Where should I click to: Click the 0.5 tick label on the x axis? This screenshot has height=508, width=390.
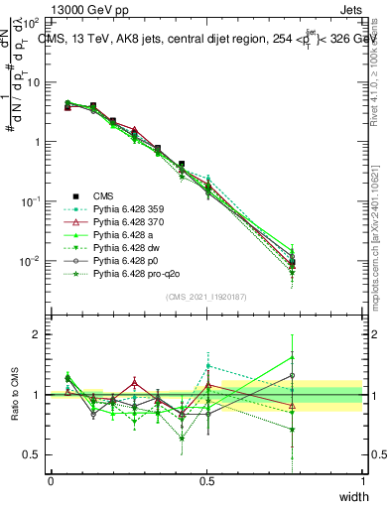[x=206, y=481]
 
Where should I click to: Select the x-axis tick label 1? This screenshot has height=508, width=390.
[x=362, y=481]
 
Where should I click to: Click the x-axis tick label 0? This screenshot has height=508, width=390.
[x=51, y=481]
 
